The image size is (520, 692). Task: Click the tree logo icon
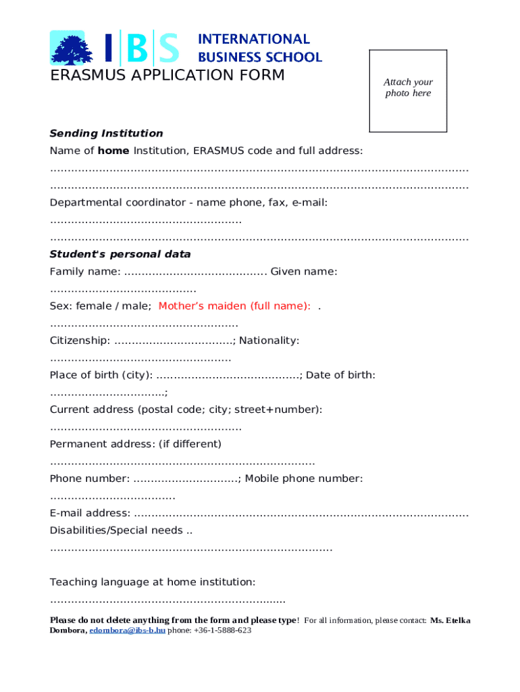pos(68,48)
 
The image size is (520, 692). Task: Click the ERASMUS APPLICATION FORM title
pos(167,75)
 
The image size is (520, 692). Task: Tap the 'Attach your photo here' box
pos(408,91)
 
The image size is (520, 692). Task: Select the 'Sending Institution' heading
pos(106,133)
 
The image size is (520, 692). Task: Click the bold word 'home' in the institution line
pos(114,150)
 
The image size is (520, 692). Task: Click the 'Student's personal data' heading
pos(120,254)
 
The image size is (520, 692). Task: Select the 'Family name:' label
pos(85,271)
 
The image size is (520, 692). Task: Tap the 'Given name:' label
pos(304,271)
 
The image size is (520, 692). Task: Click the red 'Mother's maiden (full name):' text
pos(234,305)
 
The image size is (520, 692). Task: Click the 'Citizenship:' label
pos(80,340)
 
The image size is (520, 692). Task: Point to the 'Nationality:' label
pos(269,340)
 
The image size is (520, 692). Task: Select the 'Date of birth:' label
pos(340,374)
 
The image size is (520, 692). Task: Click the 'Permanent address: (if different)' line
pos(135,444)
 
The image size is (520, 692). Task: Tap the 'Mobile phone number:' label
pos(304,478)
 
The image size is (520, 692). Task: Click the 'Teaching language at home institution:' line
pos(153,582)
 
